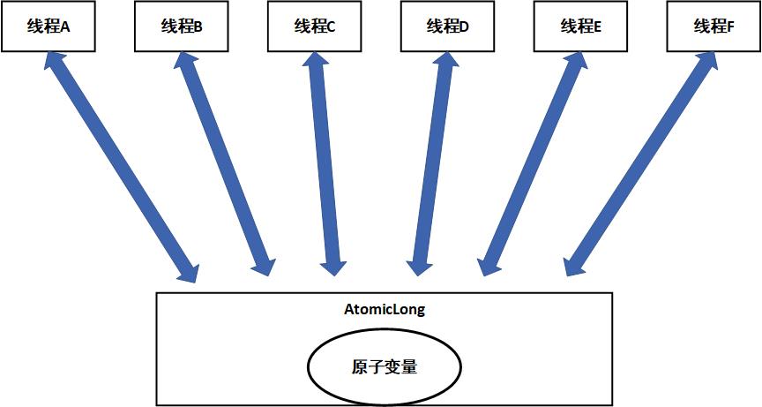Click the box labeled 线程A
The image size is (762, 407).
coord(48,26)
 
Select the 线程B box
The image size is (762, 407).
coord(181,26)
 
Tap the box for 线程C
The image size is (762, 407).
coord(314,26)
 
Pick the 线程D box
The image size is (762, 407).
coord(447,26)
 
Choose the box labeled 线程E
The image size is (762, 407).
coord(580,26)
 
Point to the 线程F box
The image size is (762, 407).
coord(713,26)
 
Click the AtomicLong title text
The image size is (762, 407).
coord(384,310)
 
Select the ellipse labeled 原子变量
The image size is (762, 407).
coord(384,366)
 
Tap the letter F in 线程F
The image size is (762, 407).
coord(730,26)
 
